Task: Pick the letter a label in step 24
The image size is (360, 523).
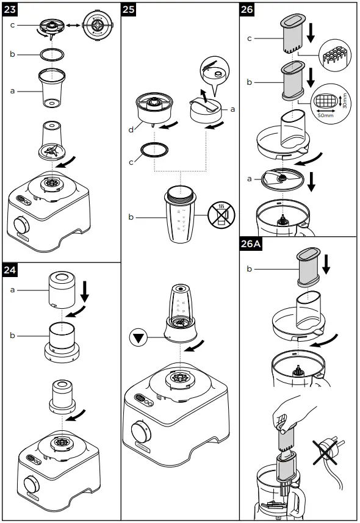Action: pos(12,290)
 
